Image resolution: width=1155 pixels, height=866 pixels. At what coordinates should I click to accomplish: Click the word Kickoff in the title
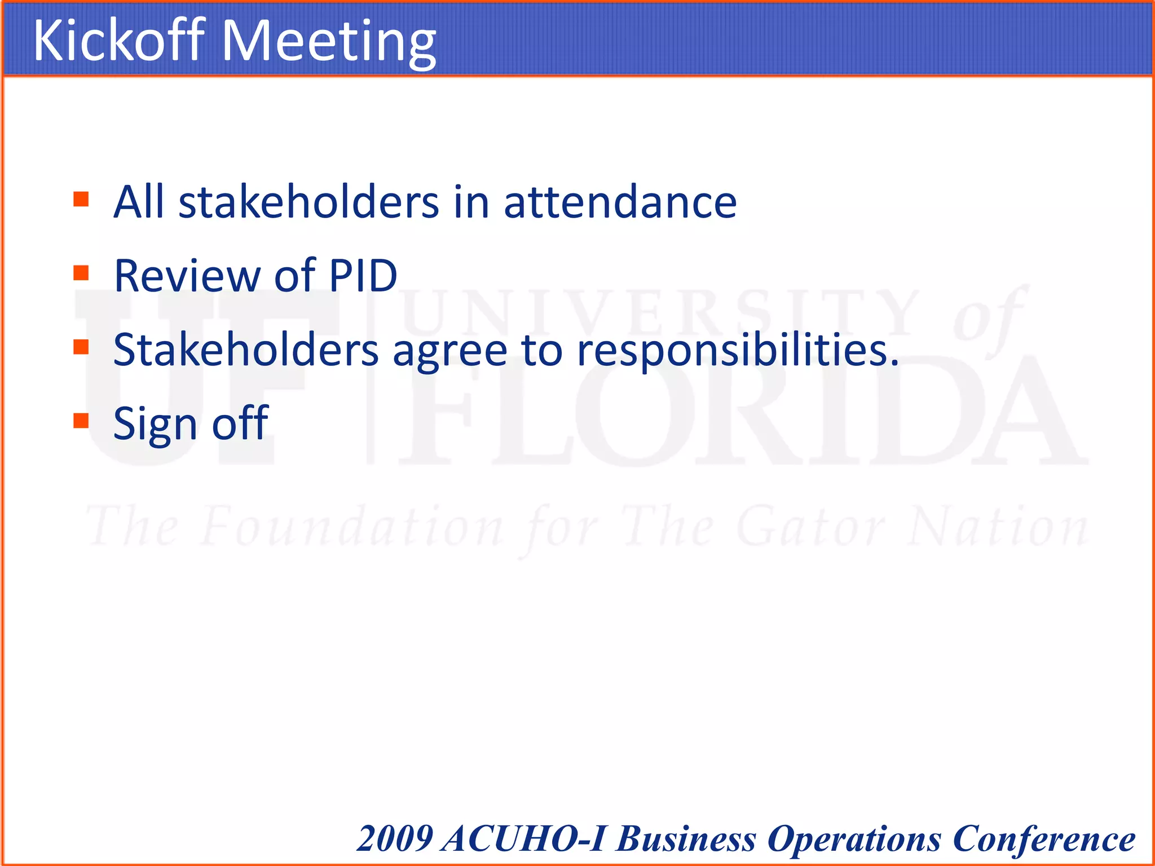(x=118, y=41)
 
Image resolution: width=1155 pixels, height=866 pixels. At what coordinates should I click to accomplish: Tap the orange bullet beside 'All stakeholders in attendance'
(x=81, y=199)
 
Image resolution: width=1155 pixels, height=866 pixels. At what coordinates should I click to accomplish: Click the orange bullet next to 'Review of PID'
(x=81, y=273)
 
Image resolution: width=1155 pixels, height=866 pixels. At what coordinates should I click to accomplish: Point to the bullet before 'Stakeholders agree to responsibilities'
(x=81, y=347)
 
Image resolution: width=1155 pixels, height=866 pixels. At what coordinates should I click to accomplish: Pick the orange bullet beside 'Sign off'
(x=81, y=421)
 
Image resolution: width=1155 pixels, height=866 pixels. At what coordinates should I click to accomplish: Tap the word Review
(x=187, y=276)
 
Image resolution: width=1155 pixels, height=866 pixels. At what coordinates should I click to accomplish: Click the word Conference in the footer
(x=1044, y=838)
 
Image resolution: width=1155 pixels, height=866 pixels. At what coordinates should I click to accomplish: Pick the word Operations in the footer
(x=854, y=840)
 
